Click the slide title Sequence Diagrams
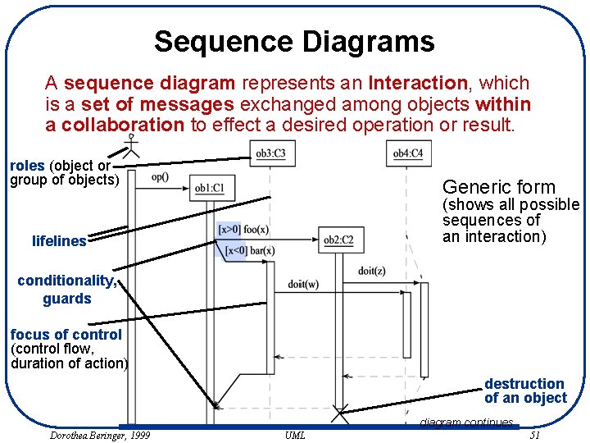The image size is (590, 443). (x=294, y=41)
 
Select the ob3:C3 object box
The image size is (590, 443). (x=270, y=153)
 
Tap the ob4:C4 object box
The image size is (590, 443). (x=408, y=153)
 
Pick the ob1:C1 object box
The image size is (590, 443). (x=210, y=189)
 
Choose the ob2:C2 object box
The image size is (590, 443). (x=338, y=240)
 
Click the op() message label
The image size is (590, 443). (x=161, y=176)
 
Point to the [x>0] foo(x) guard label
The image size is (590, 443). (x=243, y=230)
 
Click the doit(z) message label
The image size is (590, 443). (x=371, y=271)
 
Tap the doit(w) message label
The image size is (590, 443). (x=303, y=285)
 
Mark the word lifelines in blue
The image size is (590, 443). (x=59, y=241)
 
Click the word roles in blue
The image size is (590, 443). (x=27, y=166)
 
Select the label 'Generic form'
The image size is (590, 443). (x=498, y=187)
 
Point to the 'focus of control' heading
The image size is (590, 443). (x=66, y=335)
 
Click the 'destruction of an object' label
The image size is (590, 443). (x=524, y=391)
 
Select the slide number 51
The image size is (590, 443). (x=535, y=435)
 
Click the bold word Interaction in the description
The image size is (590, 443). (x=418, y=83)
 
